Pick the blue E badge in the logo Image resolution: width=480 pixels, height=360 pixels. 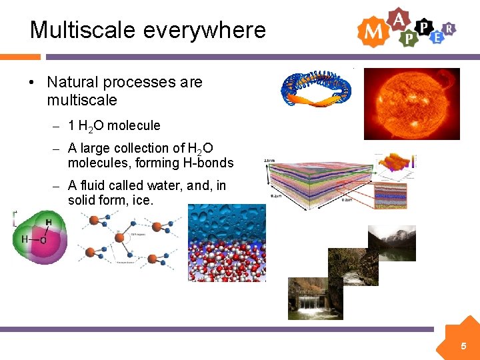[437, 37]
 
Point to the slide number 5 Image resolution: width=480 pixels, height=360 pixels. [463, 347]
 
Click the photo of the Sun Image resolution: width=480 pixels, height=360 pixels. [411, 103]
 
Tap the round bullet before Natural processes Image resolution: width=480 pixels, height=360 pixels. [31, 83]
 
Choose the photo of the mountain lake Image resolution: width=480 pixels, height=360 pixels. [392, 243]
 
